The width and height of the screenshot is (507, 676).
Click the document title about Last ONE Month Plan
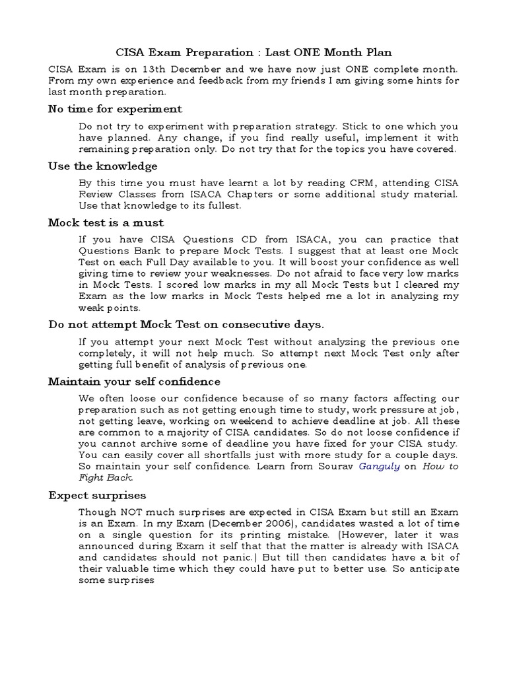253,52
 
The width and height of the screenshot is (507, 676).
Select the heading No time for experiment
115,109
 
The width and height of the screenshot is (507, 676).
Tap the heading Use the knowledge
102,166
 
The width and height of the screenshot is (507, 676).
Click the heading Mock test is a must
106,222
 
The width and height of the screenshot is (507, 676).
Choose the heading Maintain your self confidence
134,382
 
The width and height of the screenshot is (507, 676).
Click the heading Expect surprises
97,495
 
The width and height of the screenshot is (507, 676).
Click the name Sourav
335,466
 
